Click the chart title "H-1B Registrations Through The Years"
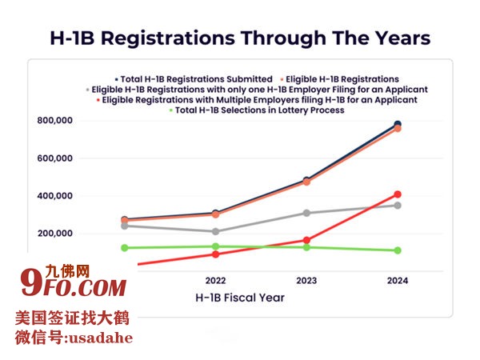pos(240,38)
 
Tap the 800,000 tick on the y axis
pos(55,121)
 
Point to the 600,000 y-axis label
pos(55,158)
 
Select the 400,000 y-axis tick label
pos(55,196)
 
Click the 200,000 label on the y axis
pos(55,234)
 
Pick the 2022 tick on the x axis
pos(215,281)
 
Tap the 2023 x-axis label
pos(306,281)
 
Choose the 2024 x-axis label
pos(398,281)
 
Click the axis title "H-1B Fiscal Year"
pos(240,298)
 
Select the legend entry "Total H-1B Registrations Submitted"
pos(194,79)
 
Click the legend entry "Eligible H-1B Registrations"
pos(342,79)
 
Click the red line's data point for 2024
pos(398,194)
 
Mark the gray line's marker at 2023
pos(306,213)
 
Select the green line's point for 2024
pos(398,250)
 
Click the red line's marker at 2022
pos(215,254)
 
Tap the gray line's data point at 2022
pos(215,231)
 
